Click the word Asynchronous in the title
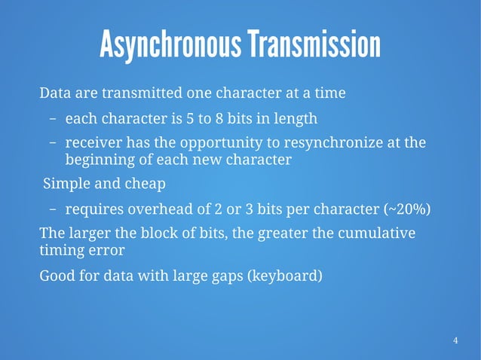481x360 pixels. pos(170,46)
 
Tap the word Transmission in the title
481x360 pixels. pos(313,46)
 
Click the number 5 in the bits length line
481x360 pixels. pos(189,119)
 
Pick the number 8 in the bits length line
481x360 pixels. pos(217,119)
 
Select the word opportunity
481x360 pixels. pos(226,143)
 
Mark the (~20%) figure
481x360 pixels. pos(407,209)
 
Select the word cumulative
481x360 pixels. pos(372,233)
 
